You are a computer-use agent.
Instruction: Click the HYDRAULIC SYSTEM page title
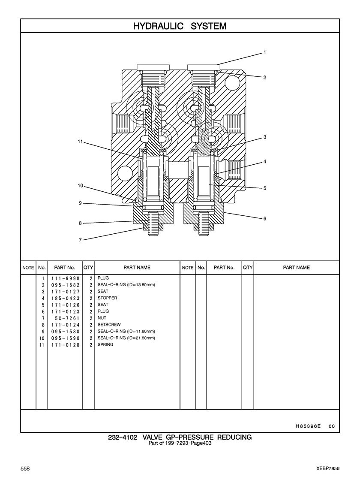click(180, 26)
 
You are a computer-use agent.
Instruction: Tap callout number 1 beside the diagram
click(265, 52)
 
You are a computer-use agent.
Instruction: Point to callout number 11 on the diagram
click(81, 142)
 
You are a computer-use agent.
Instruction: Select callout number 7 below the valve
click(80, 240)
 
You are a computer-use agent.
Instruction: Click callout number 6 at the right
click(265, 218)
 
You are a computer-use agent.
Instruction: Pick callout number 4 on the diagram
click(265, 161)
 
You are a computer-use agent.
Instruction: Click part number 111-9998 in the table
click(66, 278)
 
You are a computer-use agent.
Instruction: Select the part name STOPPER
click(108, 298)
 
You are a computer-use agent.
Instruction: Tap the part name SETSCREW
click(109, 324)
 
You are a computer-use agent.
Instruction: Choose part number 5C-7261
click(67, 318)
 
